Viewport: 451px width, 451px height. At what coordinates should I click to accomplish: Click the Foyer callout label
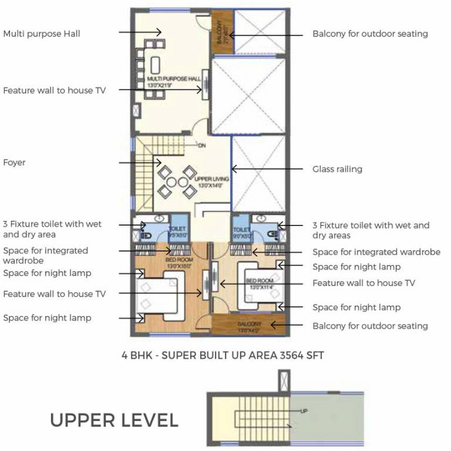(15, 162)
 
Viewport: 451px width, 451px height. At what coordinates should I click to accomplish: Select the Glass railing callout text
(337, 169)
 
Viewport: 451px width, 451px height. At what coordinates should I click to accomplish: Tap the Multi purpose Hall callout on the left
(42, 34)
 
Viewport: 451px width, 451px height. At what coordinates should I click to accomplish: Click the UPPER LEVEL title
(114, 420)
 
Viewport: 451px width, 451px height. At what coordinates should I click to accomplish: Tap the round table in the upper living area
(170, 181)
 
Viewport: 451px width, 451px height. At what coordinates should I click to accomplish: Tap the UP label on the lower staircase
(304, 410)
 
